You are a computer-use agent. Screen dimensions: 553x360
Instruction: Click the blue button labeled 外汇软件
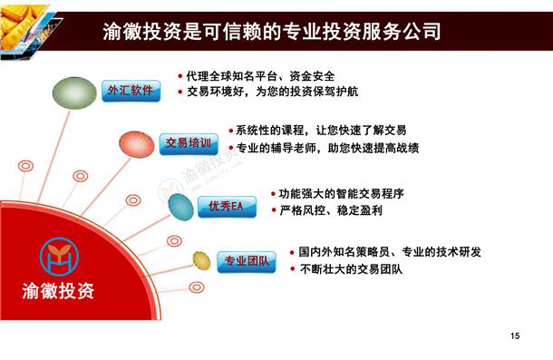(131, 91)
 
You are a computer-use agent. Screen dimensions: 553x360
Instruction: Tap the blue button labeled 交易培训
(189, 144)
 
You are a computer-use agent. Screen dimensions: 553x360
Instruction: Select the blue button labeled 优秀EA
(227, 207)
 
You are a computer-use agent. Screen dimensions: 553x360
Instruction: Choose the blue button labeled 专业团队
(247, 262)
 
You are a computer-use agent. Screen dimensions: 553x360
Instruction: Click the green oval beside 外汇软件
(74, 92)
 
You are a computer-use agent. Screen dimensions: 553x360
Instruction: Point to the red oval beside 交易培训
(137, 144)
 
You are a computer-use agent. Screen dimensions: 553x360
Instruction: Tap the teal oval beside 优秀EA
(181, 207)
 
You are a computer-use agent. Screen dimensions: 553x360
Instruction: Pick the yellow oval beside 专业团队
(202, 261)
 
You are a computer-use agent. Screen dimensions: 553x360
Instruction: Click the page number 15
(515, 336)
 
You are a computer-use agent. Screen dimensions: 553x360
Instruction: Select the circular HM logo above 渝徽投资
(59, 257)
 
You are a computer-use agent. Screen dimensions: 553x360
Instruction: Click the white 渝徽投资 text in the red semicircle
(58, 291)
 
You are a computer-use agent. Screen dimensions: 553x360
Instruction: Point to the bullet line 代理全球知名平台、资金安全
(257, 76)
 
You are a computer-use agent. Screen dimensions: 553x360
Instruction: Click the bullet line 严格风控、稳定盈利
(327, 210)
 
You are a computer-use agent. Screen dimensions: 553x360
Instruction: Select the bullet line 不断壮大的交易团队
(346, 269)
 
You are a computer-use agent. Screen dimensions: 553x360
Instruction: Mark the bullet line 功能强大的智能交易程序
(337, 194)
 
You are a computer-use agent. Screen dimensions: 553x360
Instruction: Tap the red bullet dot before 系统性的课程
(231, 131)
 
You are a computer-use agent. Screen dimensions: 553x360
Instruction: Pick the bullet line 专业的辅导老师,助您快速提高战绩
(324, 148)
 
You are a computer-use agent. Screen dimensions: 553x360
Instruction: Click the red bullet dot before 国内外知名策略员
(292, 253)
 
